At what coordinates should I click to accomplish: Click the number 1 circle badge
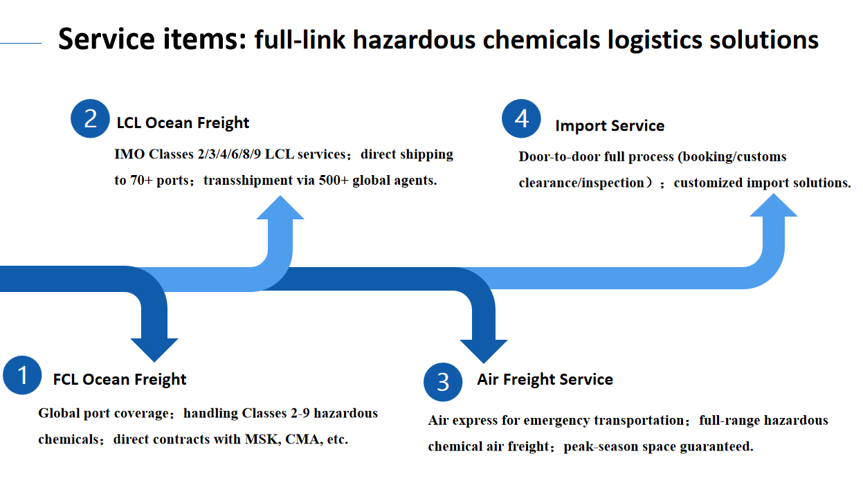pos(23,376)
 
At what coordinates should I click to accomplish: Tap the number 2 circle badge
pos(91,118)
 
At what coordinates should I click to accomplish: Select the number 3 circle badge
pos(443,381)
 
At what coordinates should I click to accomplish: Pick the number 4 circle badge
pos(522,118)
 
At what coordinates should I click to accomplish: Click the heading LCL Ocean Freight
pos(183,123)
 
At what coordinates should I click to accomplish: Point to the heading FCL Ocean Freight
pos(120,379)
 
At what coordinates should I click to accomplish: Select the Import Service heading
pos(609,126)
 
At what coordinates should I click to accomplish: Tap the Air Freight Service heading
pos(545,379)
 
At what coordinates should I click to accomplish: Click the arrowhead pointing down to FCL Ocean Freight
pos(154,347)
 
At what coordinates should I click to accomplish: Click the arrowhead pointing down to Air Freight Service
pos(484,349)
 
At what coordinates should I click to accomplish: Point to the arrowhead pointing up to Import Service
pos(774,206)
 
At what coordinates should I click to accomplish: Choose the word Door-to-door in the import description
pos(560,156)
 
